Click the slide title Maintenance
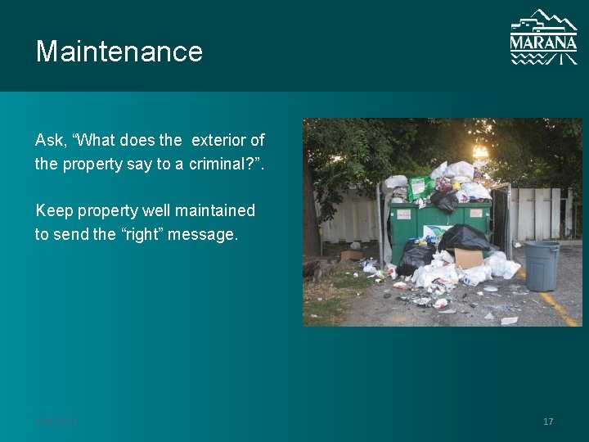point(119,52)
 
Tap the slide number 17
point(548,422)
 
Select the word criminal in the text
point(223,164)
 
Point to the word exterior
point(219,140)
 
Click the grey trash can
point(542,265)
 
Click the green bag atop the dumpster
point(421,188)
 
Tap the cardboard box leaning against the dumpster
point(469,259)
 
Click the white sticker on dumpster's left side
point(403,214)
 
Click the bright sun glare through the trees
point(480,152)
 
